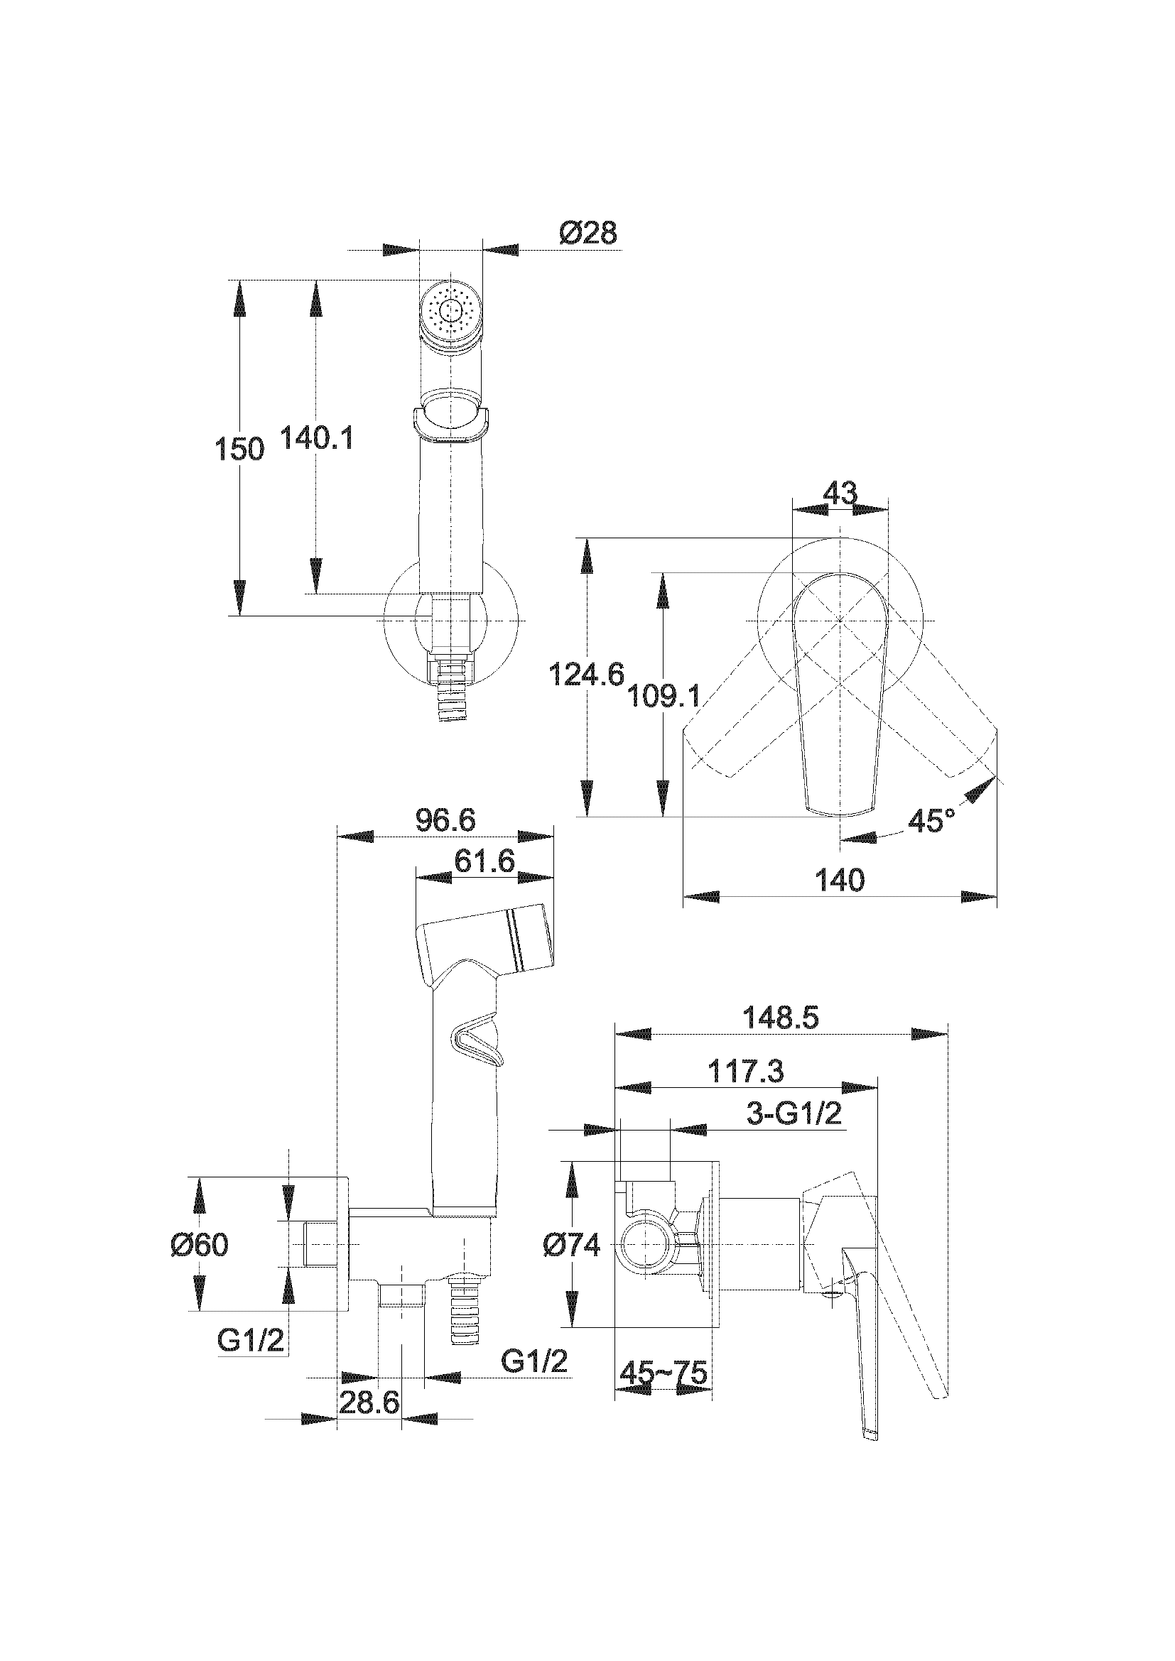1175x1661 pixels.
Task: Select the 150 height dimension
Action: (x=239, y=450)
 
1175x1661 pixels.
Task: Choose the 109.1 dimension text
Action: (x=663, y=696)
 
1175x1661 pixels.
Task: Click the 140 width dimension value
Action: (x=840, y=881)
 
